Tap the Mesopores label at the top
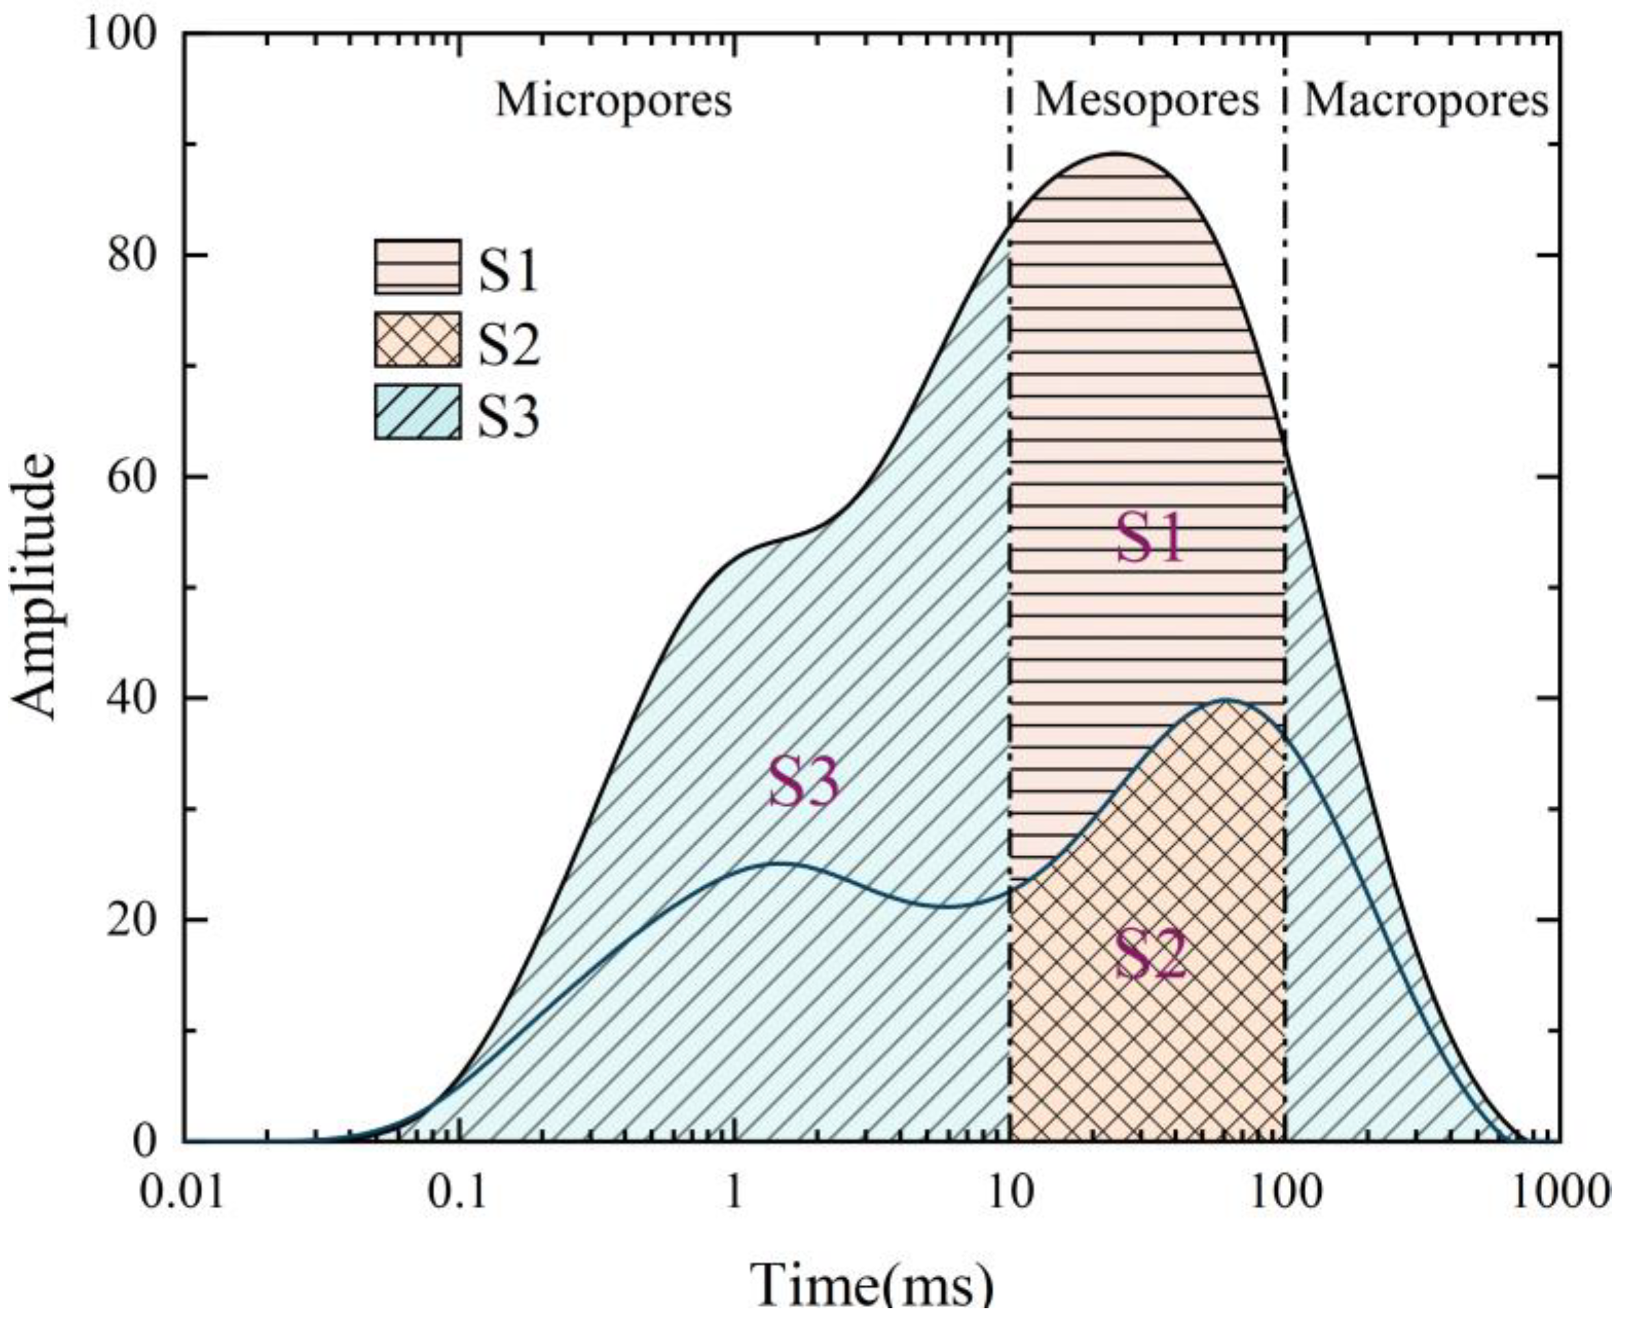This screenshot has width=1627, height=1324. pyautogui.click(x=1146, y=100)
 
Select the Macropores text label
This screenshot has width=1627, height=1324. pyautogui.click(x=1426, y=100)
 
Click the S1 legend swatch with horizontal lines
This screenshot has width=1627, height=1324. pyautogui.click(x=417, y=266)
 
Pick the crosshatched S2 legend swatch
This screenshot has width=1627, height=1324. pyautogui.click(x=417, y=340)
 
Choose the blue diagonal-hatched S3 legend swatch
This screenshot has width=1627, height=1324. pyautogui.click(x=417, y=412)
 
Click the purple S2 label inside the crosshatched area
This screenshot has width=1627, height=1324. pyautogui.click(x=1150, y=955)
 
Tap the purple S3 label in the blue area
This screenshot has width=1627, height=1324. pyautogui.click(x=803, y=783)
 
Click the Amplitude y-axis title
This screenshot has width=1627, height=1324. pyautogui.click(x=34, y=587)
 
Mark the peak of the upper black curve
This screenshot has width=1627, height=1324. pyautogui.click(x=1116, y=153)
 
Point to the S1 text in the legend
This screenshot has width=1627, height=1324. pyautogui.click(x=508, y=269)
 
